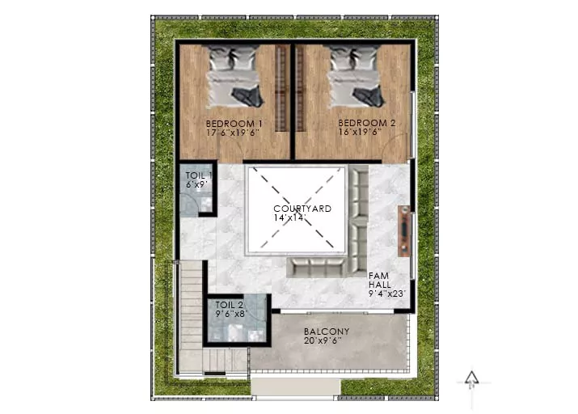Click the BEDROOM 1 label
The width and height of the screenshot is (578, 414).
point(234,124)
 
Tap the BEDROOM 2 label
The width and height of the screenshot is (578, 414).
point(367,123)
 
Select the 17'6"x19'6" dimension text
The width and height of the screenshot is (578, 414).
point(234,133)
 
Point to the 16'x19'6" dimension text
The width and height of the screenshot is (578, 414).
point(360,132)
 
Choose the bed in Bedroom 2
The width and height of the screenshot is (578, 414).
point(356,76)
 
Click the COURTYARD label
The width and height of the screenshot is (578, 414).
point(302,209)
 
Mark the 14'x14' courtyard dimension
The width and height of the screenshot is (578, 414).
point(289,218)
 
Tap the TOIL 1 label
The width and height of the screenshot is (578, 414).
point(199,175)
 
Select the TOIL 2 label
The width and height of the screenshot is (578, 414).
point(229,305)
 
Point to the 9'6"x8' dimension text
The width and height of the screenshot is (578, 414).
point(231,314)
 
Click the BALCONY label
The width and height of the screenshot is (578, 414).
point(327,332)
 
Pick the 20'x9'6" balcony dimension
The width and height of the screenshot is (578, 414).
point(323,340)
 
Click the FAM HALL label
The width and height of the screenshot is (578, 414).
point(380,281)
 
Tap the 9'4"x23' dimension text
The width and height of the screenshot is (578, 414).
point(386,294)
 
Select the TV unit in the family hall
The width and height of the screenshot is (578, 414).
point(404,231)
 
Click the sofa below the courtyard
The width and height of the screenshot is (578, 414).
point(317,268)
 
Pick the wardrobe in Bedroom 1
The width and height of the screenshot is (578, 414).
point(281,88)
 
